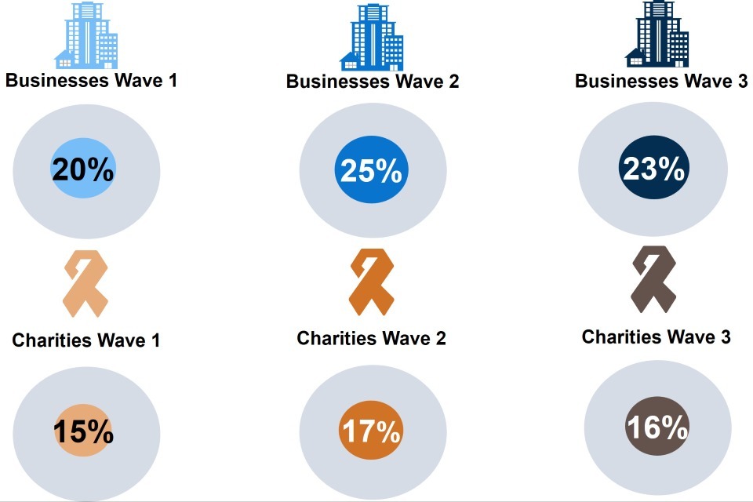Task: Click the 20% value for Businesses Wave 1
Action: tap(83, 170)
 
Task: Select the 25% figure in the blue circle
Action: tap(369, 170)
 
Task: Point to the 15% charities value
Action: tap(83, 432)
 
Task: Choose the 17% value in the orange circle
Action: tap(369, 432)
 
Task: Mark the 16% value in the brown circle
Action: tap(657, 428)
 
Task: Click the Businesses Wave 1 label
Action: tap(91, 80)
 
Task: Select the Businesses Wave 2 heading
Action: tap(373, 82)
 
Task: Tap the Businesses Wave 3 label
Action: tap(661, 82)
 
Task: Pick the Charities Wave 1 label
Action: tap(86, 340)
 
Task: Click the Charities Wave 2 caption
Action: tap(372, 338)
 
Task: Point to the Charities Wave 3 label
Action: tap(657, 336)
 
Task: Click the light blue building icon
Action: tap(87, 35)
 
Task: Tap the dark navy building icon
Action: tap(657, 35)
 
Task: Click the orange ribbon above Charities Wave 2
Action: tap(370, 282)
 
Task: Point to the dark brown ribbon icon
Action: tap(653, 278)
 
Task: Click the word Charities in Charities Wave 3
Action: tap(620, 336)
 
